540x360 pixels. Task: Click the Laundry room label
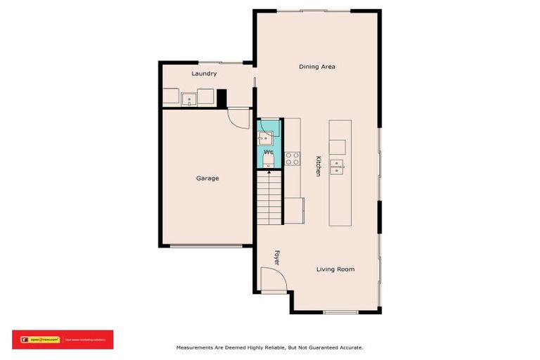(204, 73)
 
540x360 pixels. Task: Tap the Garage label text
(207, 178)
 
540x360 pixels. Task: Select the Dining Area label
(317, 67)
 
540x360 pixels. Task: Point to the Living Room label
(335, 269)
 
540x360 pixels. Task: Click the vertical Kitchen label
(318, 165)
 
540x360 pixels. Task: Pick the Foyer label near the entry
(277, 257)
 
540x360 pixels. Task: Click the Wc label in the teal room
(269, 152)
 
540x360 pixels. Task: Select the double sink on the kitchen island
(337, 167)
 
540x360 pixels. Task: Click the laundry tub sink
(189, 98)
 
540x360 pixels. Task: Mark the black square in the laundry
(221, 98)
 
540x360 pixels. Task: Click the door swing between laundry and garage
(239, 117)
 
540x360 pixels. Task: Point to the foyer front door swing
(273, 281)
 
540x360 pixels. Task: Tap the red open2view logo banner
(63, 339)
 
